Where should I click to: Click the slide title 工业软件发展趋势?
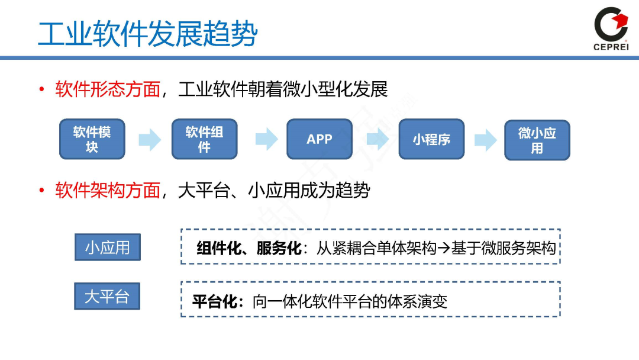coord(148,34)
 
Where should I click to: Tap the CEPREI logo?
coord(611,29)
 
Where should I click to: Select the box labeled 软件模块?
coord(92,139)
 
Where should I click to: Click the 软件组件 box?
coord(204,139)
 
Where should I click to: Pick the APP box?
coord(319,139)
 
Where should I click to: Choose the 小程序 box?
coord(431,139)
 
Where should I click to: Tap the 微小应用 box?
coord(537,140)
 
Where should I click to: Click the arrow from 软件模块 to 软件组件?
coord(149,140)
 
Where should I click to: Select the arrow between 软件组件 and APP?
coord(266,140)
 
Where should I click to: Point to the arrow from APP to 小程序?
coord(377,140)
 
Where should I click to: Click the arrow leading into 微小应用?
coord(485,140)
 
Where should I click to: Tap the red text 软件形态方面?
coord(108,89)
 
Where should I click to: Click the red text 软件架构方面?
coord(108,191)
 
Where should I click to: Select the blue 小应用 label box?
coord(107,247)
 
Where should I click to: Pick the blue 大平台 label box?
coord(106,296)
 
